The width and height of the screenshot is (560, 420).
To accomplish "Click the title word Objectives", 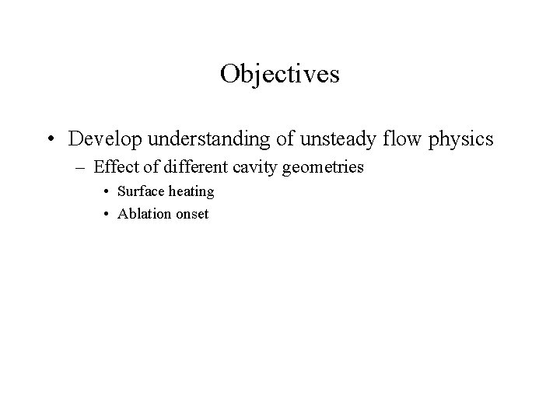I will point(279,74).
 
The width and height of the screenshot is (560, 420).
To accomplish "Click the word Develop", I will point(100,139).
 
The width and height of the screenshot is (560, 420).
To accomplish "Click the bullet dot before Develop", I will point(50,140).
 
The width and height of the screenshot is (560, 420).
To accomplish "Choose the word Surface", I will point(141,191).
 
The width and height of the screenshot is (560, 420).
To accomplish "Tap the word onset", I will point(192,214).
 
